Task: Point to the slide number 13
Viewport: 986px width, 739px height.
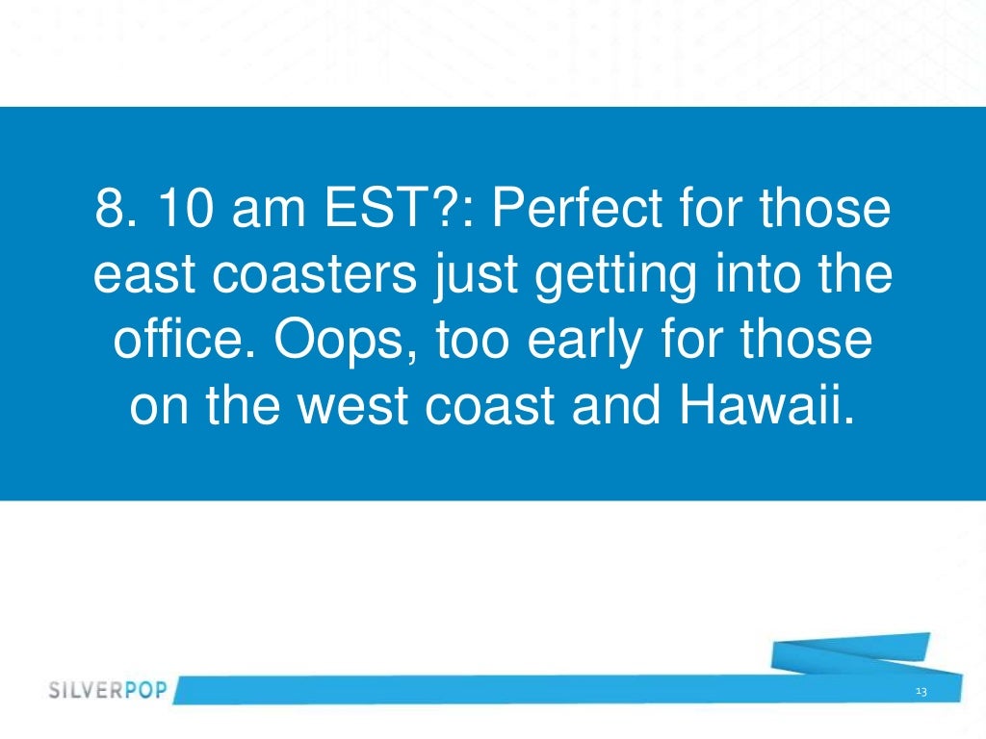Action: [x=921, y=693]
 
